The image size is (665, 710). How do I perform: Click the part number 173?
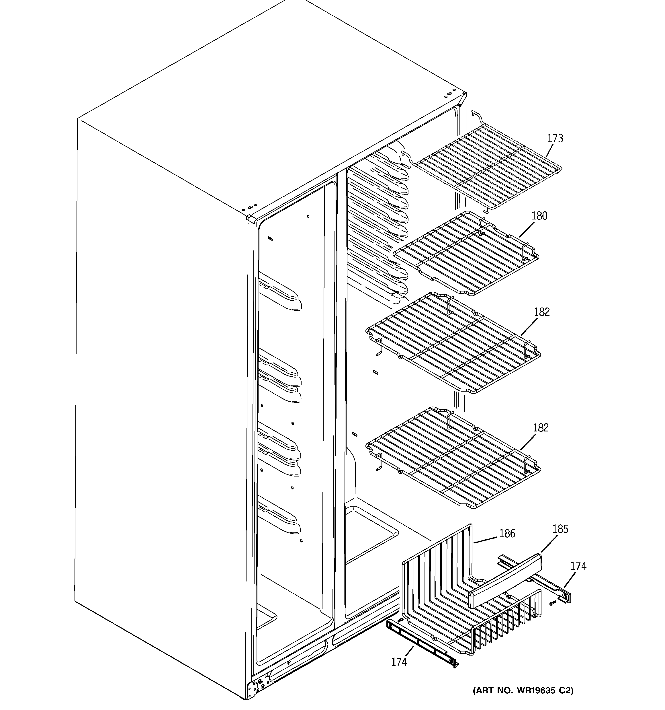click(x=555, y=138)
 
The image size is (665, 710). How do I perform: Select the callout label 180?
click(x=539, y=216)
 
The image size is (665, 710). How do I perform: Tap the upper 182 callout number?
click(x=541, y=312)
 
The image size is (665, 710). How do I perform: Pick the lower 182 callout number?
click(x=540, y=427)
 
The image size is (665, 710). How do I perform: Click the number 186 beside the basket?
click(x=507, y=544)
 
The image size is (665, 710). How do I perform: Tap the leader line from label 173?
click(x=552, y=150)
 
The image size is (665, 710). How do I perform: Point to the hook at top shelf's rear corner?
click(x=475, y=114)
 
